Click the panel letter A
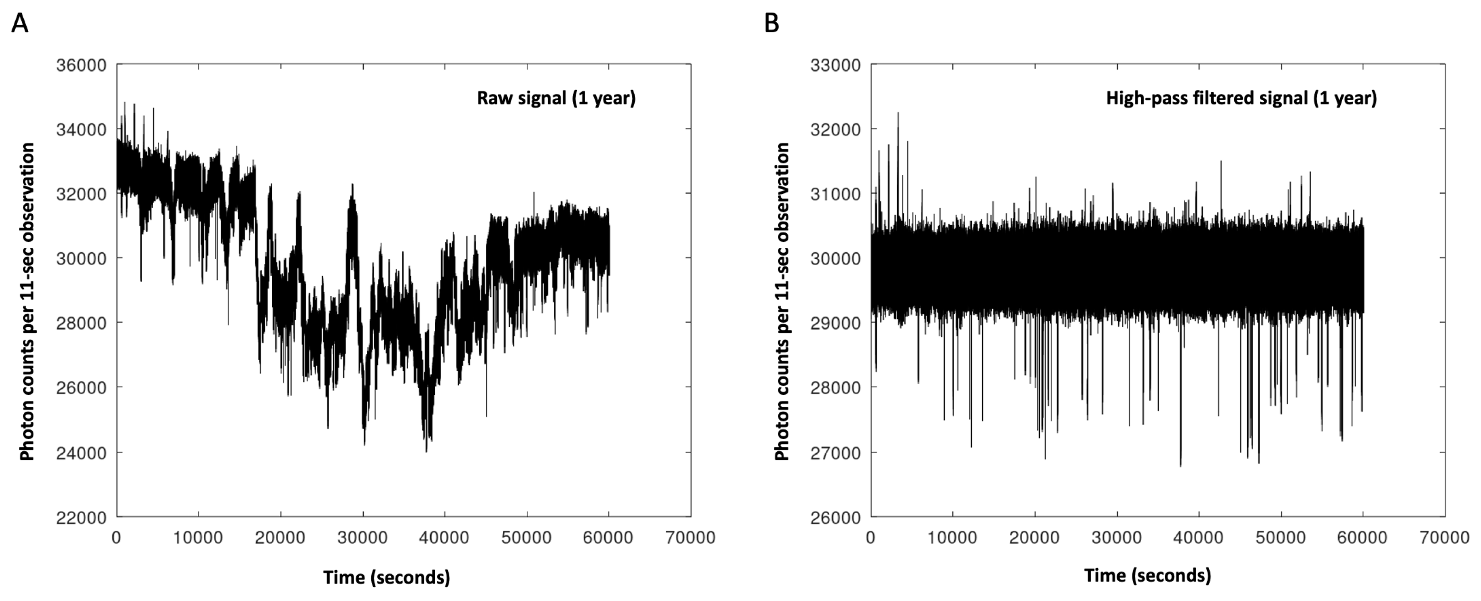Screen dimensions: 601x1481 coord(19,24)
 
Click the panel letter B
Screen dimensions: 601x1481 coord(772,24)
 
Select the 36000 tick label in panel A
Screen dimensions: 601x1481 coord(81,65)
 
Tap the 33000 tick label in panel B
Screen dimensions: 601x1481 coord(835,65)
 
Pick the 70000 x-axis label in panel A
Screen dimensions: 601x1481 coord(690,538)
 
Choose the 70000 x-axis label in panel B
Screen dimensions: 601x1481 coord(1445,538)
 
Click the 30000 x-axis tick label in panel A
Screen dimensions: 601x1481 coord(363,538)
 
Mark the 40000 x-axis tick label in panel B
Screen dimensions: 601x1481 coord(1199,538)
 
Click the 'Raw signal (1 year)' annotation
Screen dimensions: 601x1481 coord(556,98)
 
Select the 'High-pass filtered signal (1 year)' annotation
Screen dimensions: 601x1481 coord(1241,98)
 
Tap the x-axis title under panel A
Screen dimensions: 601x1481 coord(387,577)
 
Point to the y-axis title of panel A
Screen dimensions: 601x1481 coord(27,302)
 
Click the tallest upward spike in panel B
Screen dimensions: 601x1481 coord(898,114)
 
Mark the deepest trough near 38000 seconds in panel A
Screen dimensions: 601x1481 coord(426,450)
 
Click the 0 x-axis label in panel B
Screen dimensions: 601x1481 coord(871,538)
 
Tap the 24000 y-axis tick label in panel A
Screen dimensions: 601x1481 coord(81,453)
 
